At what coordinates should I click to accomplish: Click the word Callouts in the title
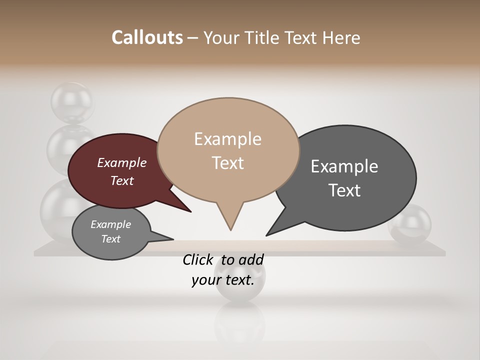147,37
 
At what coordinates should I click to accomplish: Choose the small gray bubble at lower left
111,232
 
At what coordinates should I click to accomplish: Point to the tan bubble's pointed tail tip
230,230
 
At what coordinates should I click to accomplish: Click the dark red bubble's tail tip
191,212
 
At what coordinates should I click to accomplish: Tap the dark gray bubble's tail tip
266,235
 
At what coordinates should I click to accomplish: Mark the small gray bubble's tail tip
173,239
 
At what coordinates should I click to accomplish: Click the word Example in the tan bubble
227,139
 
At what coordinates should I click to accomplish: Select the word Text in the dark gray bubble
344,190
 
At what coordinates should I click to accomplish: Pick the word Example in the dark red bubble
122,162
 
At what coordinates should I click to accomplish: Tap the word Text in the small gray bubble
111,239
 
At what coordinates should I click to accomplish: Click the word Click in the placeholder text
198,259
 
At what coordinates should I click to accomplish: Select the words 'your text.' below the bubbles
222,280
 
